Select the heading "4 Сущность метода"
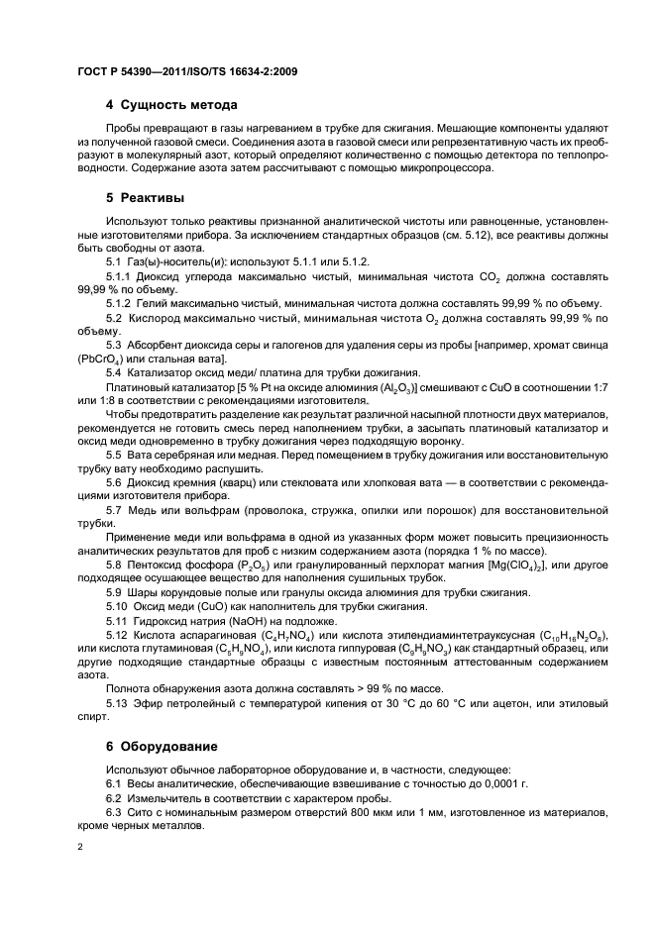170,104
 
